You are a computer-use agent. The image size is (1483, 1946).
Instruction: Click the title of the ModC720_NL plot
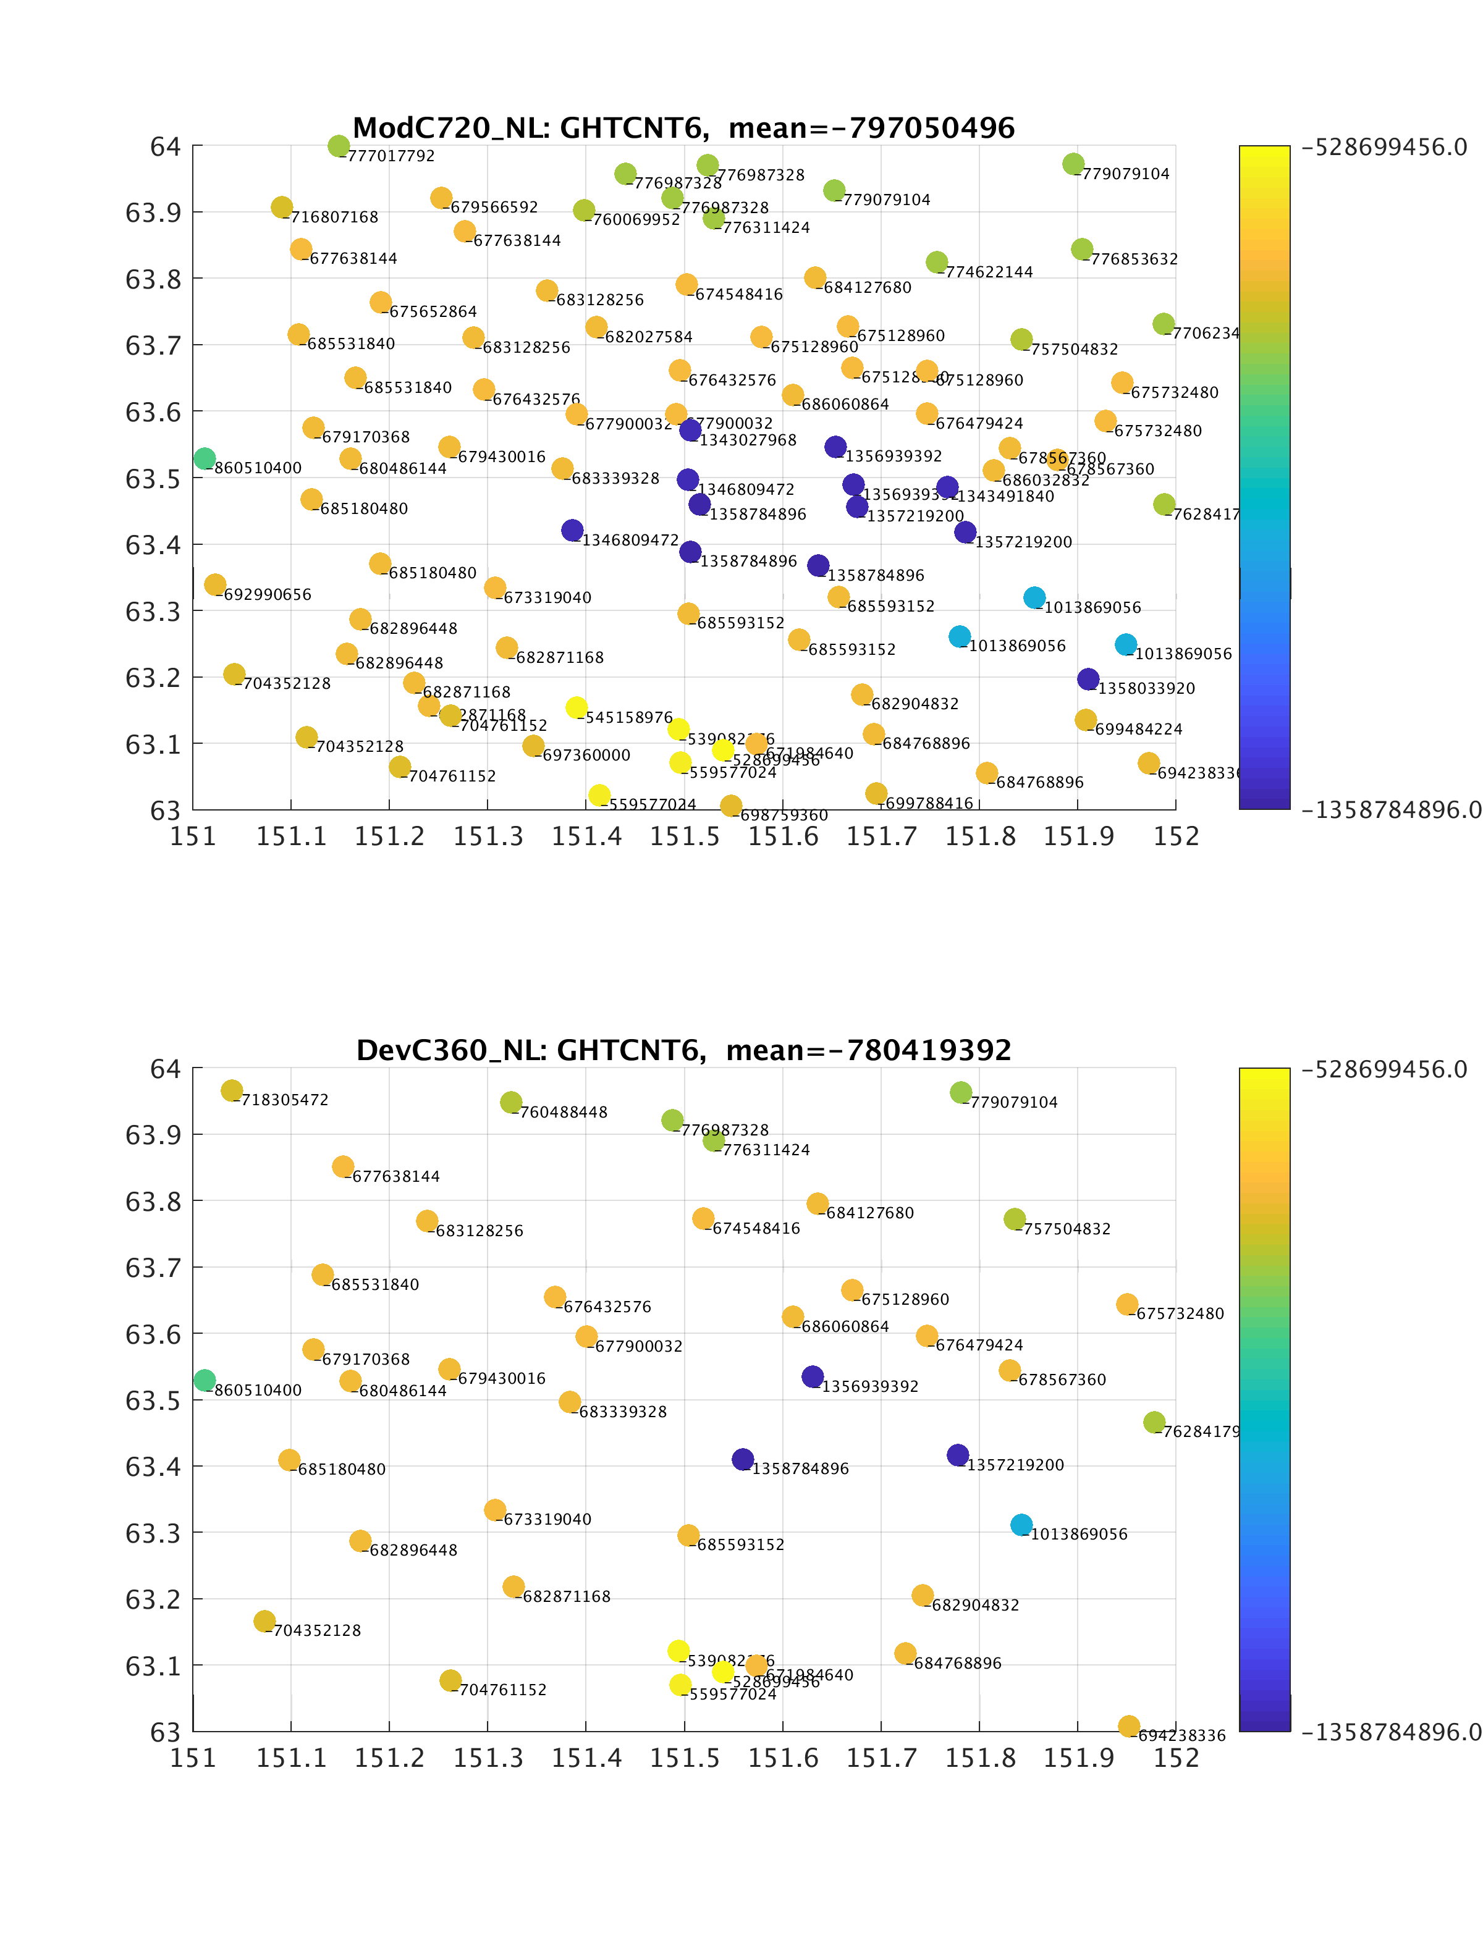coord(683,128)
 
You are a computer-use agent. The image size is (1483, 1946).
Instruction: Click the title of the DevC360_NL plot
coord(683,1050)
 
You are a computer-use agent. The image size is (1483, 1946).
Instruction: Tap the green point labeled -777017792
coord(338,146)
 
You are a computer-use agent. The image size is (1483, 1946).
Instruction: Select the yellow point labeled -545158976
coord(577,708)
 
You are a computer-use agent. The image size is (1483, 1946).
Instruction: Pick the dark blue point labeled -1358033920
coord(1088,680)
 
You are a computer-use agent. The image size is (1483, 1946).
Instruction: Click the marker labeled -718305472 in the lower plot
coord(231,1091)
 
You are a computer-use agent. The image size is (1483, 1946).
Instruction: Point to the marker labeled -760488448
coord(510,1102)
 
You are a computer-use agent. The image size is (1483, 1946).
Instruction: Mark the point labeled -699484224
coord(1086,720)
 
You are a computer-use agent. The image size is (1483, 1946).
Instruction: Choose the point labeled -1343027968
coord(690,431)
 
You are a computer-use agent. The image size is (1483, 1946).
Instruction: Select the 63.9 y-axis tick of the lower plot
coord(153,1135)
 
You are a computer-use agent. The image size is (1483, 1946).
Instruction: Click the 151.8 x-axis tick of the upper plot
coord(980,836)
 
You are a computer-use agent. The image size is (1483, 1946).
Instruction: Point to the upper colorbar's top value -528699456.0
coord(1384,148)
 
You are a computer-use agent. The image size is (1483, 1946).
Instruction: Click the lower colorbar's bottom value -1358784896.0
coord(1391,1732)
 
